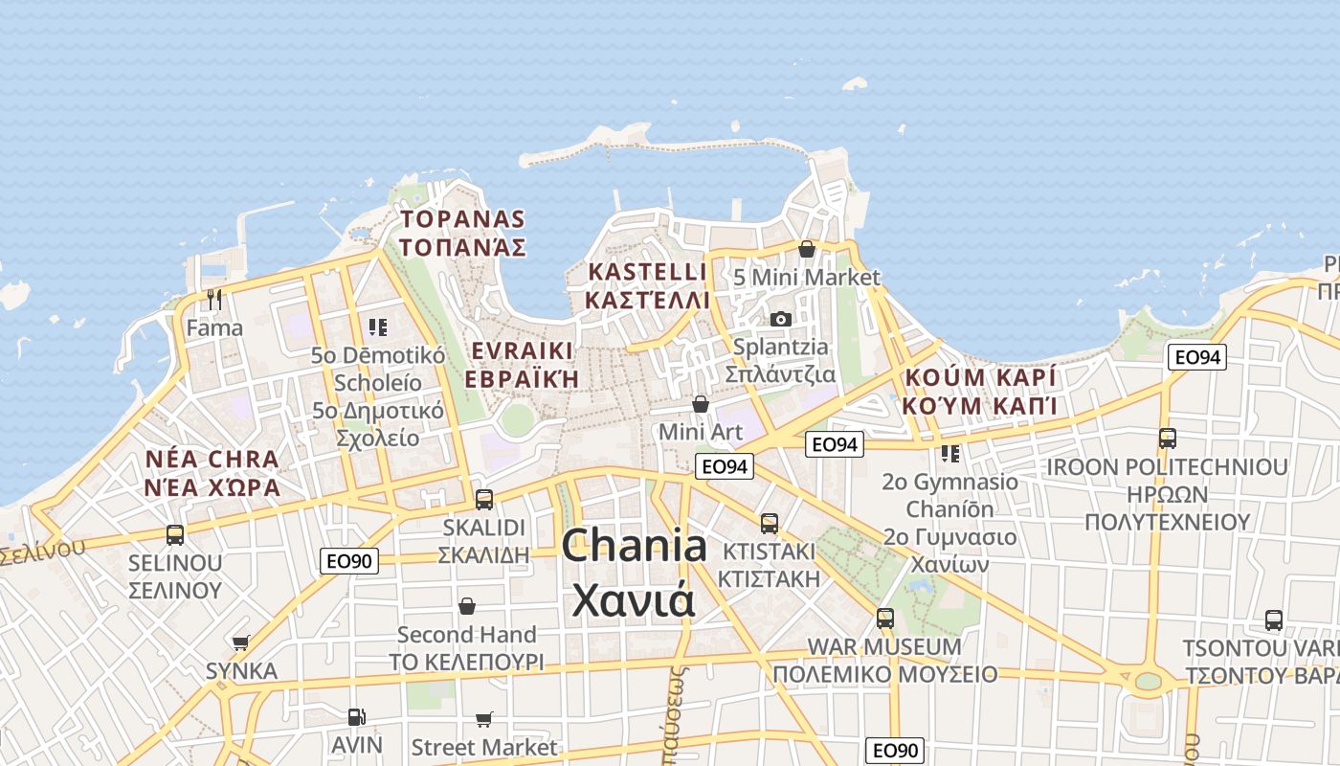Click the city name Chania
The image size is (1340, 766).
click(634, 546)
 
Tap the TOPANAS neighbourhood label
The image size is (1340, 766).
click(463, 219)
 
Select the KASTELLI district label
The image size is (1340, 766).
click(647, 272)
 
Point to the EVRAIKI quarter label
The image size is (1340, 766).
click(522, 349)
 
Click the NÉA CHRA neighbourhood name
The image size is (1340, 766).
click(212, 459)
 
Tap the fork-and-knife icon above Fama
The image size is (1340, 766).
click(214, 300)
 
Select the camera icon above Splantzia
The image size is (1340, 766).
click(781, 319)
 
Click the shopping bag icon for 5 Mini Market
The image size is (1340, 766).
click(807, 249)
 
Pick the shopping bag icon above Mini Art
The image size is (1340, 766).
click(701, 404)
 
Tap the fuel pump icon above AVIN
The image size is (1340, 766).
click(356, 716)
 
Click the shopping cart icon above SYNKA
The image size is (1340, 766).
click(241, 642)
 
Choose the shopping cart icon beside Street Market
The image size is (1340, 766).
click(484, 719)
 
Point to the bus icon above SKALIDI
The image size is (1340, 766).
click(484, 499)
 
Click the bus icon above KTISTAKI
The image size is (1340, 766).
click(770, 523)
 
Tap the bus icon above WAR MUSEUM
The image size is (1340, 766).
click(885, 618)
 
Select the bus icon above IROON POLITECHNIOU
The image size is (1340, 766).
click(1168, 439)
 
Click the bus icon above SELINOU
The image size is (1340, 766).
click(175, 534)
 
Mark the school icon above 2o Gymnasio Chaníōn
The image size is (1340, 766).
click(949, 453)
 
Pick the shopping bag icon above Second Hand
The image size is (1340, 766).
click(467, 606)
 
